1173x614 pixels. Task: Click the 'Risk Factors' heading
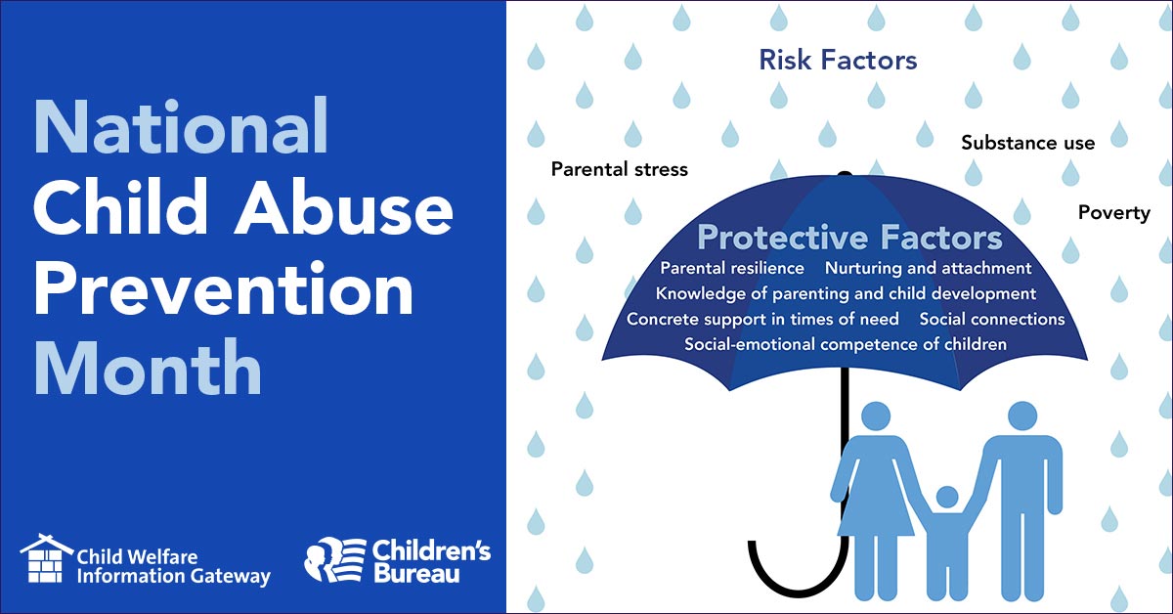click(x=838, y=61)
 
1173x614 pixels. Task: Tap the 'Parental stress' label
click(x=619, y=169)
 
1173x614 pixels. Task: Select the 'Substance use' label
click(x=1027, y=143)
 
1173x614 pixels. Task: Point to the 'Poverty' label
click(x=1113, y=212)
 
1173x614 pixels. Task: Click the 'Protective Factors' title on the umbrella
click(x=848, y=238)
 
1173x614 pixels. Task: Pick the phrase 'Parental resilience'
click(x=732, y=268)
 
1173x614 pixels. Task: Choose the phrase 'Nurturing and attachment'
click(x=928, y=268)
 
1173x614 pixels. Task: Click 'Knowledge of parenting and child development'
click(x=846, y=293)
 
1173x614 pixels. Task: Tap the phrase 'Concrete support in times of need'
click(x=762, y=319)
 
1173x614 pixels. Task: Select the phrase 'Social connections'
click(x=991, y=319)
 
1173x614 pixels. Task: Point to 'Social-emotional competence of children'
click(x=845, y=344)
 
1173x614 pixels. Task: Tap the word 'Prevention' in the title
click(x=223, y=290)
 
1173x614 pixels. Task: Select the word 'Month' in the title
click(x=148, y=370)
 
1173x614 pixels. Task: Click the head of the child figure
click(x=946, y=498)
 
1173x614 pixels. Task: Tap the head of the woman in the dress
click(x=874, y=417)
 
